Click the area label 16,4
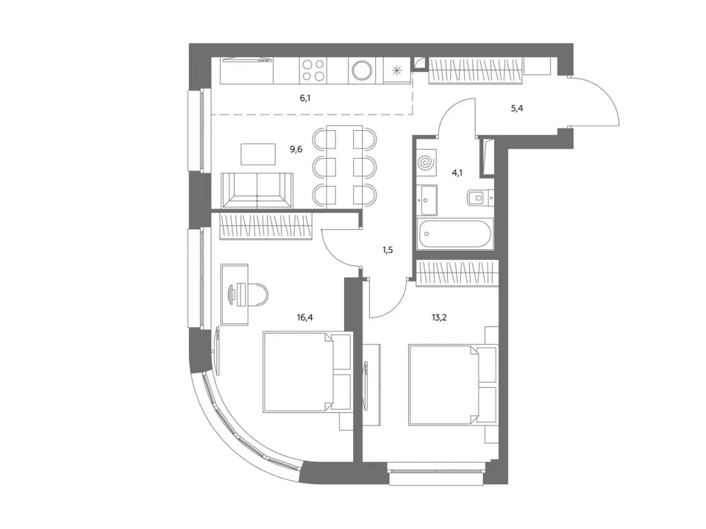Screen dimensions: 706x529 click(x=304, y=317)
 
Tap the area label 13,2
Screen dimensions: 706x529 click(x=439, y=317)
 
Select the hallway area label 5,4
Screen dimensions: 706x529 click(x=517, y=109)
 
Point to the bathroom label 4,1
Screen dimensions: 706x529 click(x=457, y=172)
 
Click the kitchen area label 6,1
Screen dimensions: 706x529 click(x=305, y=98)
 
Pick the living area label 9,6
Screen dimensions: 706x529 click(x=296, y=149)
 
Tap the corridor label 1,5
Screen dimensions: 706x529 click(x=388, y=250)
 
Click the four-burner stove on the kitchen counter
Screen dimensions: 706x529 click(x=313, y=71)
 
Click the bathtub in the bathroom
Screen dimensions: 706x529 click(x=455, y=234)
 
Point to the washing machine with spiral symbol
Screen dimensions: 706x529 click(x=427, y=162)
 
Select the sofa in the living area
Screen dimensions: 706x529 click(x=257, y=190)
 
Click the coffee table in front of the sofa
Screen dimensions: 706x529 click(x=258, y=154)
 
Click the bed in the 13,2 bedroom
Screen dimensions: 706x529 click(x=453, y=384)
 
